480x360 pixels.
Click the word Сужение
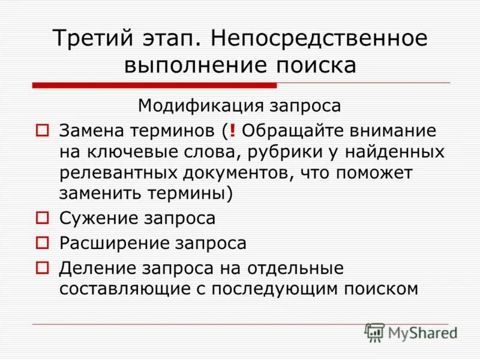[x=95, y=218]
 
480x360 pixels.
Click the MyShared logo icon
[x=375, y=332]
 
